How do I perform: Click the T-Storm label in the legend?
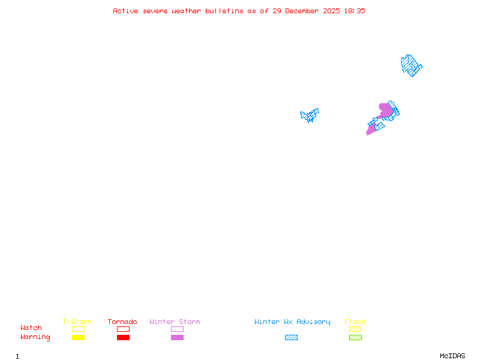tap(77, 322)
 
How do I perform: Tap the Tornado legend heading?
tap(122, 322)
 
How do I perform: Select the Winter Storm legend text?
tap(175, 322)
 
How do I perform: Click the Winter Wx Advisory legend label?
tap(292, 322)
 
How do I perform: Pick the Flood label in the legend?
tap(355, 322)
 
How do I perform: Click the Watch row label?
tap(31, 328)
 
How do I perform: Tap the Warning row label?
tap(35, 337)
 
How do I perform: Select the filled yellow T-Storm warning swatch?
tap(78, 338)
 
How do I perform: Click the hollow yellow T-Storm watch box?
tap(78, 329)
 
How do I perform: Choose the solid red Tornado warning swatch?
tap(123, 338)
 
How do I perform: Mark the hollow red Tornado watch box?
tap(123, 329)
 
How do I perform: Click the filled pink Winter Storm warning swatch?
tap(177, 338)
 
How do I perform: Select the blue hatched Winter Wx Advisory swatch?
tap(291, 338)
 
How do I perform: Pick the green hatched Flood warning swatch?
tap(355, 338)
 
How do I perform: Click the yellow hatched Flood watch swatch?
tap(355, 329)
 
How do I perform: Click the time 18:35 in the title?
tap(355, 11)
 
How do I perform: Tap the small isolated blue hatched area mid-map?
tap(310, 115)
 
